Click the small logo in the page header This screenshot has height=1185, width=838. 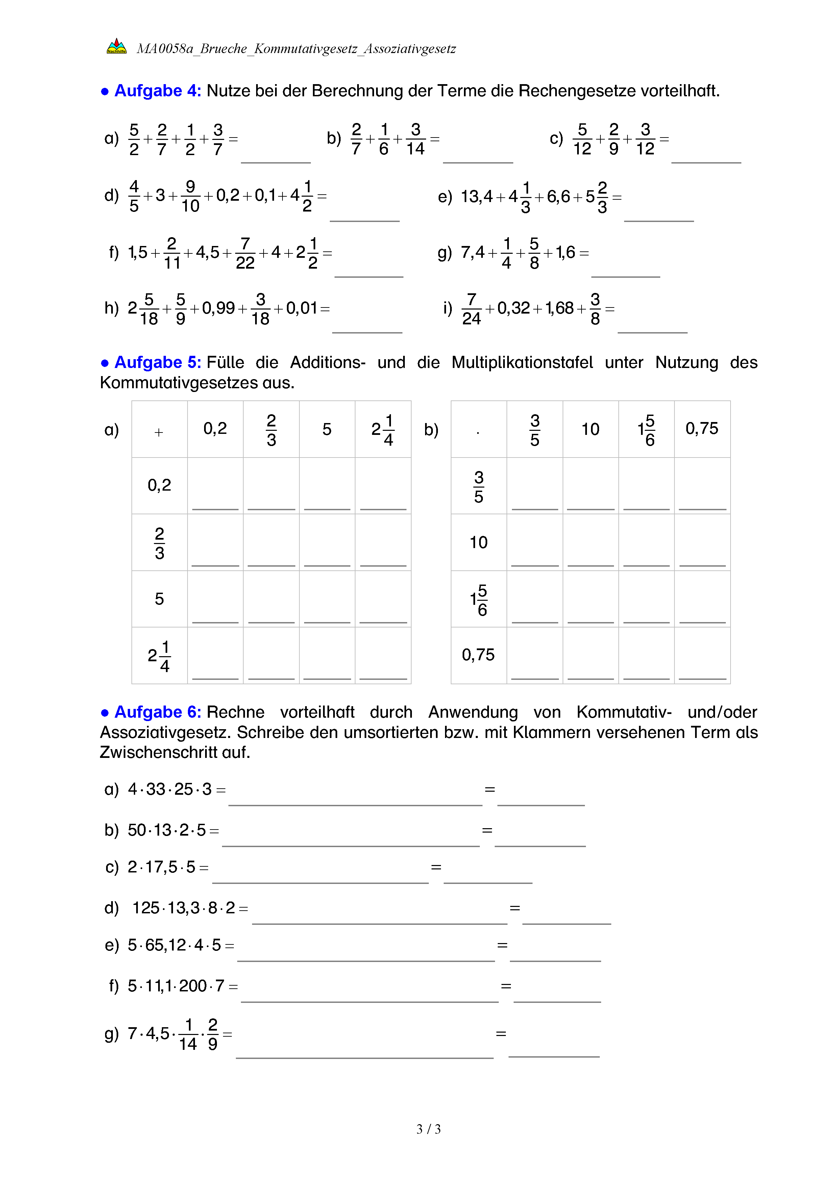[116, 46]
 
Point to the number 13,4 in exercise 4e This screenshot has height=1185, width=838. [476, 197]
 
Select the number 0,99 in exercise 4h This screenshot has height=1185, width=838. [218, 308]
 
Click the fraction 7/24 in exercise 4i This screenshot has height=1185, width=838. [471, 308]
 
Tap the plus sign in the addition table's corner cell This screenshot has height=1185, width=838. [159, 432]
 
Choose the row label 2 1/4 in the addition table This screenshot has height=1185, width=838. [159, 656]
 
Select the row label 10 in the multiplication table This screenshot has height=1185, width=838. [478, 542]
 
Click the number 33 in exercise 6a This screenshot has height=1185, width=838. [155, 789]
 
